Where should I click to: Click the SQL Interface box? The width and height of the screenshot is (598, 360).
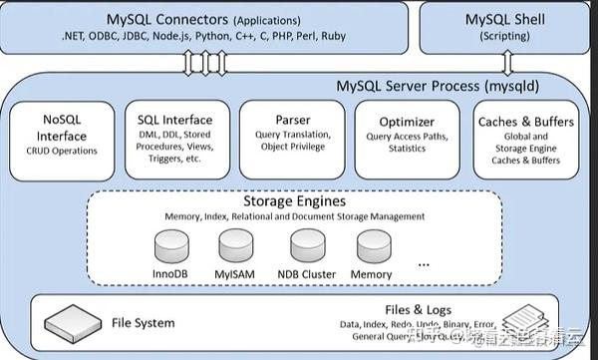(x=176, y=139)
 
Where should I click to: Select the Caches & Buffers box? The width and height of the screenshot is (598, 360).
(x=526, y=139)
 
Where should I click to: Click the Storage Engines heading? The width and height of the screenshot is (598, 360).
(x=294, y=200)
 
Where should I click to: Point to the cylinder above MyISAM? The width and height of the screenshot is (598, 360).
(x=237, y=243)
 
